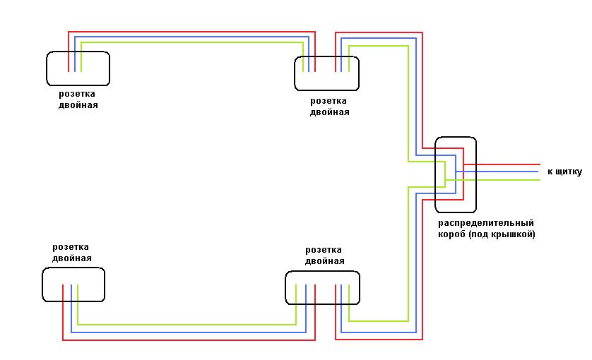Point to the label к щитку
pyautogui.click(x=564, y=172)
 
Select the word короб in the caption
pyautogui.click(x=451, y=234)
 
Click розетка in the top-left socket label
pyautogui.click(x=78, y=94)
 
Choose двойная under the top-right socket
pyautogui.click(x=329, y=112)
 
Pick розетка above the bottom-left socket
pyautogui.click(x=71, y=247)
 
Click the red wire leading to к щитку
pyautogui.click(x=509, y=164)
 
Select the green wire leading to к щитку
pyautogui.click(x=509, y=180)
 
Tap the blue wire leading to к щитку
pyautogui.click(x=509, y=172)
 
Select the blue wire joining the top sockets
pyautogui.click(x=191, y=37)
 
